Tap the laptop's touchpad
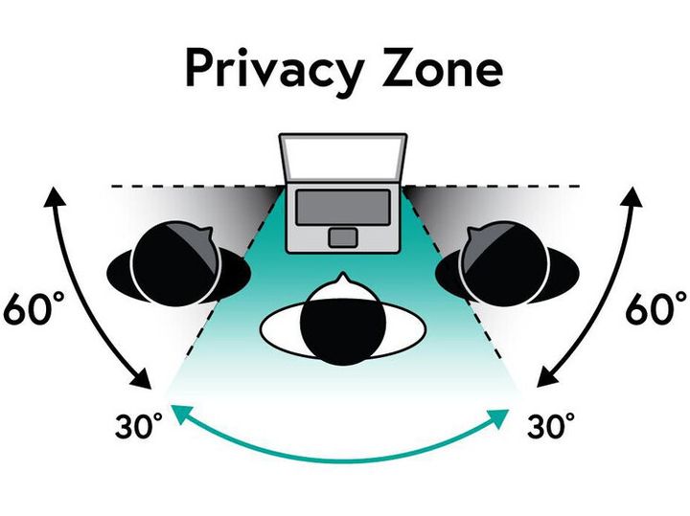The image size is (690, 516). click(x=343, y=237)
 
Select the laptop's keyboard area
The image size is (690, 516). click(x=343, y=207)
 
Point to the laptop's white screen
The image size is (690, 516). click(x=343, y=157)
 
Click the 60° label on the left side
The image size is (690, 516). click(x=34, y=307)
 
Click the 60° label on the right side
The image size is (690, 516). click(x=655, y=307)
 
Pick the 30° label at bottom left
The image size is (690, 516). click(x=138, y=425)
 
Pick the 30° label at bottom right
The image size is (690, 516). click(x=550, y=425)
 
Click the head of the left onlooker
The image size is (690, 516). click(x=176, y=262)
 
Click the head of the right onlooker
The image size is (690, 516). click(x=505, y=262)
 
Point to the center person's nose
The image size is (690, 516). click(x=343, y=280)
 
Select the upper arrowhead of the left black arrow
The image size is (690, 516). click(x=54, y=195)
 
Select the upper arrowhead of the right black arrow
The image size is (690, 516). click(x=632, y=195)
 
